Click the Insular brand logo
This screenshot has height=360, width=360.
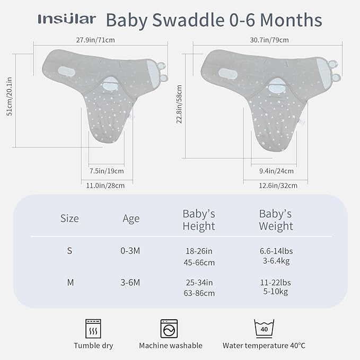tap(67, 20)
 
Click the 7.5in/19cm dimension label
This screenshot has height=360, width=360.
tap(107, 171)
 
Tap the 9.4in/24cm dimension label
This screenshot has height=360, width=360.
tap(276, 171)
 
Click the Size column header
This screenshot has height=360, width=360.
tap(69, 218)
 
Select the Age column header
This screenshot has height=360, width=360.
tap(131, 218)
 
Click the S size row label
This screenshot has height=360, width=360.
tap(69, 251)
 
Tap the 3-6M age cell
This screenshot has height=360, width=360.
tap(130, 283)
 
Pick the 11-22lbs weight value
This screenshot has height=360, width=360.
tap(275, 283)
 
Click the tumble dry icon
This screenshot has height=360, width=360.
tap(93, 327)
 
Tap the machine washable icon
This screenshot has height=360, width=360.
tap(170, 327)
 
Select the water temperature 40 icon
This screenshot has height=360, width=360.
tap(264, 327)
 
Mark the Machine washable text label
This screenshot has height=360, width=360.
tap(170, 346)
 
